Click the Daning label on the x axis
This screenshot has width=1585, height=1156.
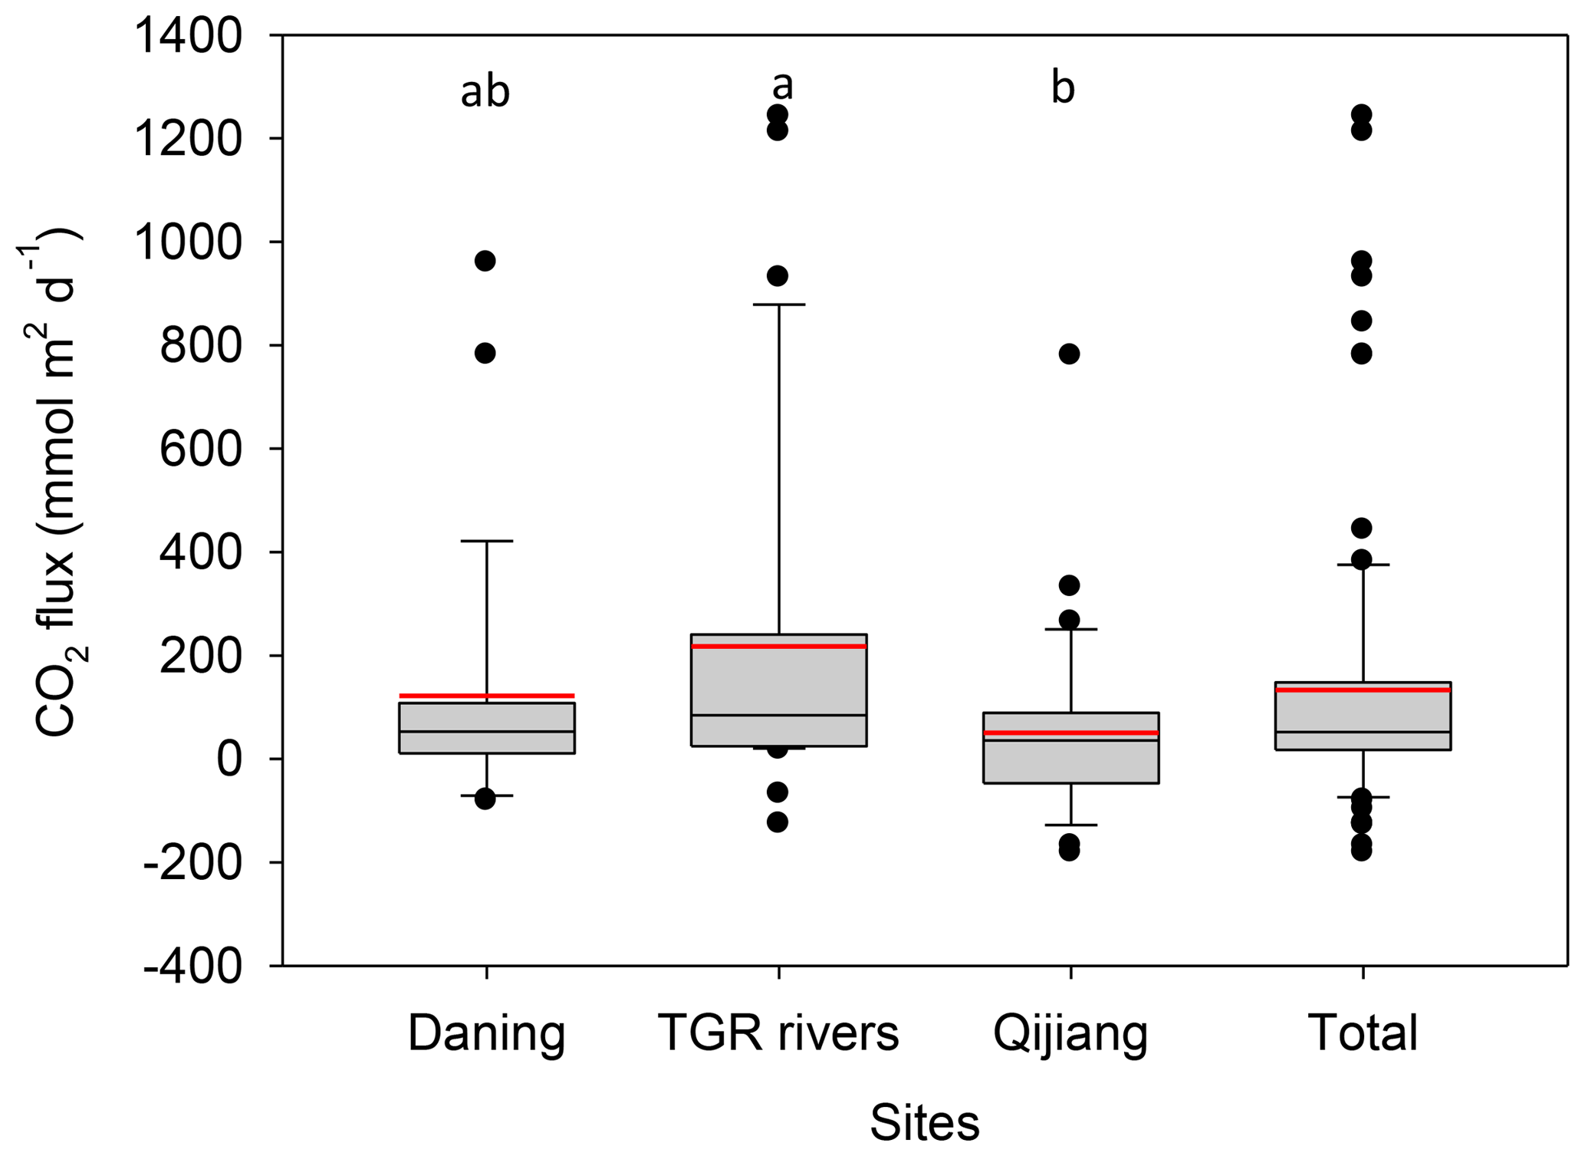point(486,1033)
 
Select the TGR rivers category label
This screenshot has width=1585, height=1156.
point(778,1033)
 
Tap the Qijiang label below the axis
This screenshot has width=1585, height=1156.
point(1070,1033)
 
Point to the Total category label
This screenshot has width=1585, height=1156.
point(1363,1033)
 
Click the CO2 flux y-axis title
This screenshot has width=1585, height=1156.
point(54,483)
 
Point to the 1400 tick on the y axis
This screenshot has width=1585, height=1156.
point(188,36)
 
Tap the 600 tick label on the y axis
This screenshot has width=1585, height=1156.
point(200,450)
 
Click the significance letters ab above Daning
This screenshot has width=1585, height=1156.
point(485,92)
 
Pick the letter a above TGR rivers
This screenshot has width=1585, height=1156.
point(782,86)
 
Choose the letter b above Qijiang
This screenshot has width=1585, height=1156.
point(1063,88)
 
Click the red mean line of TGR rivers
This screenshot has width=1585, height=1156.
point(778,647)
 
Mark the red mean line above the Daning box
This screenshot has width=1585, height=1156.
point(486,696)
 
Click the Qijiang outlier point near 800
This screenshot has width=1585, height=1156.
point(1069,354)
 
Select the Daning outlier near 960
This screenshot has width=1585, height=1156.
point(485,261)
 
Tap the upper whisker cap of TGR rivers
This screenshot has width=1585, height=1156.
point(778,305)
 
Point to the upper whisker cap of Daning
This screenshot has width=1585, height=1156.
point(486,541)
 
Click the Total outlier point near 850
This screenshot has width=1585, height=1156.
point(1362,321)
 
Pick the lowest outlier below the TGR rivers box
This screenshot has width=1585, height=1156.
point(778,822)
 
